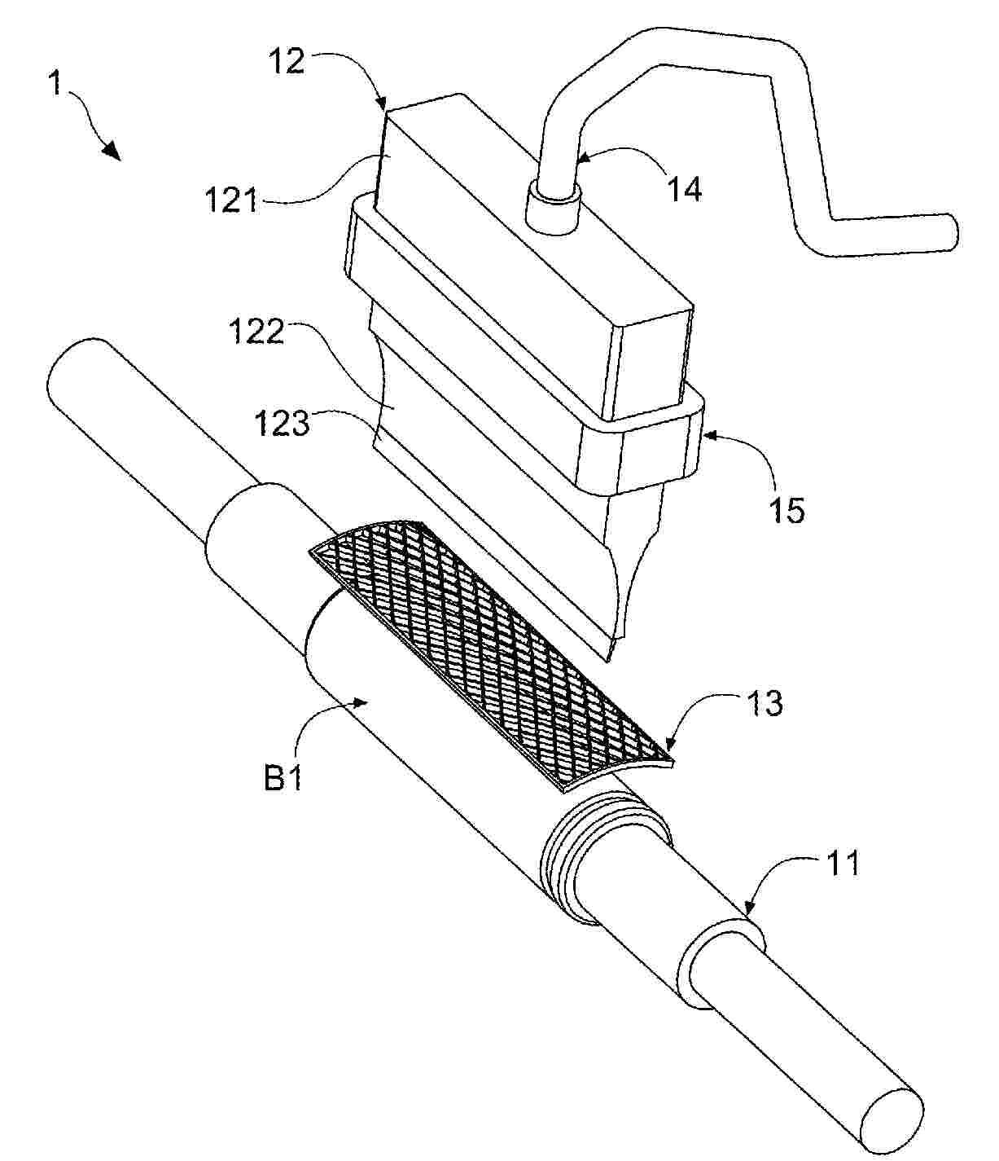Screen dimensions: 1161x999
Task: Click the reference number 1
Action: point(55,84)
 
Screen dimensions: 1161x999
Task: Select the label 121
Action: point(230,200)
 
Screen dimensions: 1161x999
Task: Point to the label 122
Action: point(258,332)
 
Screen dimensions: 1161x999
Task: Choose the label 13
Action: point(764,702)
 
